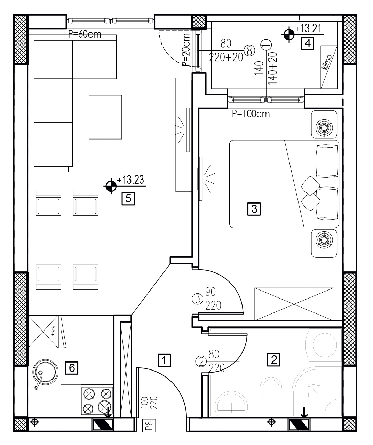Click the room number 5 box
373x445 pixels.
coord(128,199)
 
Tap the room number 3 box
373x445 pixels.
coord(254,209)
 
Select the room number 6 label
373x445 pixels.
coord(72,368)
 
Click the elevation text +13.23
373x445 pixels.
coord(130,180)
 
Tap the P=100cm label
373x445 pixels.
coord(251,114)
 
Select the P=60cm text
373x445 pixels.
coord(85,34)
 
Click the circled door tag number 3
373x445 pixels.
coord(198,299)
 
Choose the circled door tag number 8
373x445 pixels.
coord(249,51)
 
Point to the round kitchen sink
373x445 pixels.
coord(45,372)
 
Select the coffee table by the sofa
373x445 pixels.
coord(105,117)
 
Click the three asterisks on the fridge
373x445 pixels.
coord(53,331)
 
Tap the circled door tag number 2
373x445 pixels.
coord(201,361)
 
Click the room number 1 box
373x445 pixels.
coord(164,360)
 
